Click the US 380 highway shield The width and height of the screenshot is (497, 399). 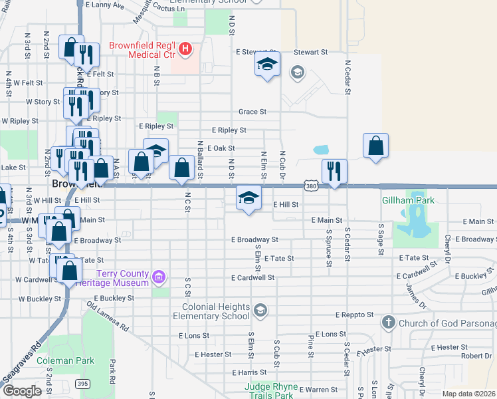tap(310, 187)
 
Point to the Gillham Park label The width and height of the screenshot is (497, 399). tap(407, 200)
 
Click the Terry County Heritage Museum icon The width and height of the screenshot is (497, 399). tap(159, 276)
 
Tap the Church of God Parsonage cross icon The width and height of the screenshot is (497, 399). tap(389, 323)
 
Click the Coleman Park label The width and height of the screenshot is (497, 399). tap(65, 361)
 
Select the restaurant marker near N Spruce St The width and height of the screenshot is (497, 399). tap(334, 170)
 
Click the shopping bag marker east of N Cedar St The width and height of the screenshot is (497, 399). tap(375, 146)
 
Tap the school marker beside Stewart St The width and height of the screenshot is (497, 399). tap(267, 65)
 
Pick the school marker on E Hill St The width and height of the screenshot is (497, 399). tap(248, 198)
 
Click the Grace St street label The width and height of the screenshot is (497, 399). tap(253, 112)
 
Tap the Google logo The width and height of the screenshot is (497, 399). tap(22, 391)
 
